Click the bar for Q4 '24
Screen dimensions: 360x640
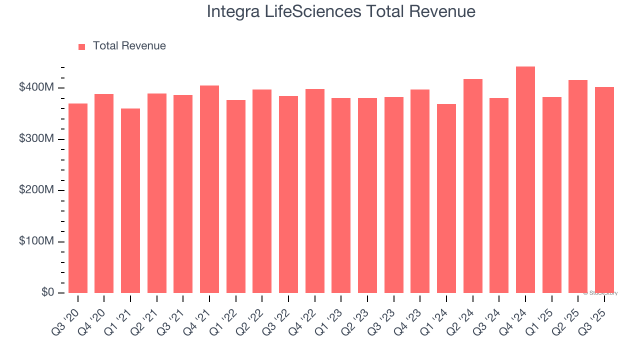(525, 180)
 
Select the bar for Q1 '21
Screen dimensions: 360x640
(130, 200)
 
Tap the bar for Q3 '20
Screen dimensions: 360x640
(78, 198)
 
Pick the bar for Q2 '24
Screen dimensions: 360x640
(473, 186)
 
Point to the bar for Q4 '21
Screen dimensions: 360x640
(209, 189)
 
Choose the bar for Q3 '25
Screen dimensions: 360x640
(604, 190)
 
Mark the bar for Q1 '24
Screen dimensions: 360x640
(446, 198)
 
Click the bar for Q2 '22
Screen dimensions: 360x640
(262, 191)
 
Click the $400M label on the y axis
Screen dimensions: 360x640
(36, 87)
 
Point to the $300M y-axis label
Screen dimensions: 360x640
(36, 139)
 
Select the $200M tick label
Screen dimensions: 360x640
(36, 190)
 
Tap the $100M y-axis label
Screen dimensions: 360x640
(36, 241)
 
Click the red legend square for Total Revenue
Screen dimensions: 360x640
(82, 46)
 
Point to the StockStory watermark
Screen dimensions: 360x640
(600, 293)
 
